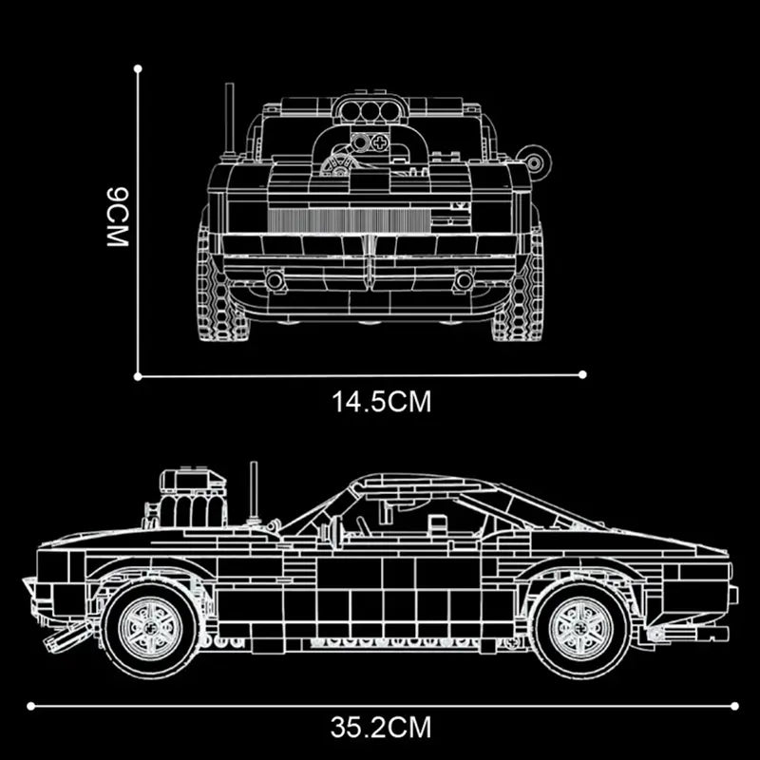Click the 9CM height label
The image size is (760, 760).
click(117, 217)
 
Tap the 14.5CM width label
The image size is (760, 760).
click(382, 402)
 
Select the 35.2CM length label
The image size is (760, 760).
click(381, 729)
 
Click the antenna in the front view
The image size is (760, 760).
click(229, 119)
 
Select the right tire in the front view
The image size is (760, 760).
click(520, 285)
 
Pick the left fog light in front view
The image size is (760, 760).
click(275, 280)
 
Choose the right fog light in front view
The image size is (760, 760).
click(463, 280)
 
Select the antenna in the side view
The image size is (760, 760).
click(254, 489)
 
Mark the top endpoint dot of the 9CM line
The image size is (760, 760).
click(139, 68)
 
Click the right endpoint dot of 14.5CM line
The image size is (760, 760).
click(582, 374)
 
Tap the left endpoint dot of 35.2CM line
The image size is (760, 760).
click(30, 705)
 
